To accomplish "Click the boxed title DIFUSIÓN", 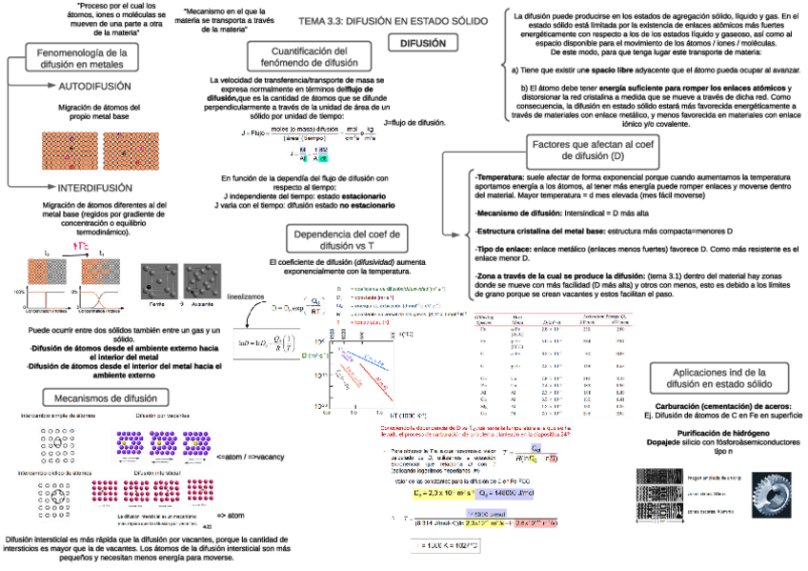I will point(423,43).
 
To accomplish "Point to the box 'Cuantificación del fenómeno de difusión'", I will point(301,55).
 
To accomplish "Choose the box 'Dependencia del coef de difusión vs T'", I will point(338,239).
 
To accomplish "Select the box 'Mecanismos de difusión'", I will point(106,398).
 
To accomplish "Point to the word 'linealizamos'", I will point(245,297).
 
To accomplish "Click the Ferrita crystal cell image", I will point(157,278).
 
